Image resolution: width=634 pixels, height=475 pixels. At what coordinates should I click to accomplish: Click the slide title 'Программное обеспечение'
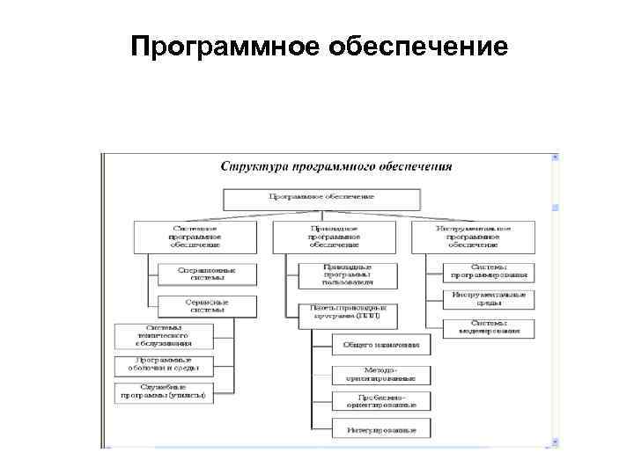319,45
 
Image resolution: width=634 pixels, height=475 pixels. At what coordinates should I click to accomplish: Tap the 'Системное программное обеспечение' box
195,237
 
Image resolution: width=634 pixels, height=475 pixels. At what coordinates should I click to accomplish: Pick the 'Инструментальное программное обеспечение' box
474,237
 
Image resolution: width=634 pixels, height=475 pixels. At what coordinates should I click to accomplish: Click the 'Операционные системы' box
207,274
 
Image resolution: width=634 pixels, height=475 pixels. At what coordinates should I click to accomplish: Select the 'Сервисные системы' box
207,306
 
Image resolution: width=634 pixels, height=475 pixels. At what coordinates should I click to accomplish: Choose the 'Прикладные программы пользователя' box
348,274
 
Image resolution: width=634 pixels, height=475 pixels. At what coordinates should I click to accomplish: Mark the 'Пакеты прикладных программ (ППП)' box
348,314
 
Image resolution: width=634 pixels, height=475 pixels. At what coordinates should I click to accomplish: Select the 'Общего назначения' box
381,345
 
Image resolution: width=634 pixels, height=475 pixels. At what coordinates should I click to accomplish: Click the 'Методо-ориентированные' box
381,374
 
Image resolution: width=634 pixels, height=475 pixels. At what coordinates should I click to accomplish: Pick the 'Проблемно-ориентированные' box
381,401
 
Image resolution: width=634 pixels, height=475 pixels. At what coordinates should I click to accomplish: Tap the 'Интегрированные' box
381,430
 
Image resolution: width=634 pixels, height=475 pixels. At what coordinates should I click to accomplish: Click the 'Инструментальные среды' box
489,299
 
